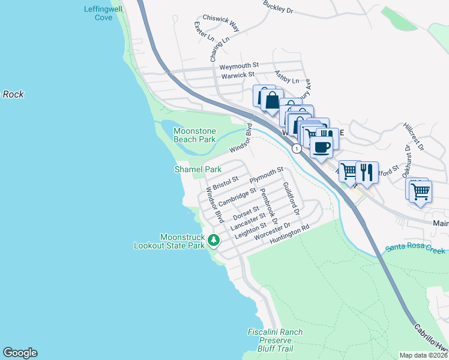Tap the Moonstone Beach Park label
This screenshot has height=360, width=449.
coord(194,135)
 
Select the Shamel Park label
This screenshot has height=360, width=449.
coord(198,170)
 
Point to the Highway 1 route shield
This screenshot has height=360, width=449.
coord(296,148)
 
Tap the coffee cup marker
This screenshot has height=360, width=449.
coord(321,146)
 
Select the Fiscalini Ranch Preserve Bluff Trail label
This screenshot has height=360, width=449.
coord(275,340)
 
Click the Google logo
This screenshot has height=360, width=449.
coord(20,353)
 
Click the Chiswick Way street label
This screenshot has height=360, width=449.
coord(221,23)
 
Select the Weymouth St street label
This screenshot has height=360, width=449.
coord(238,65)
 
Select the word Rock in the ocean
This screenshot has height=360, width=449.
coord(13,94)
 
